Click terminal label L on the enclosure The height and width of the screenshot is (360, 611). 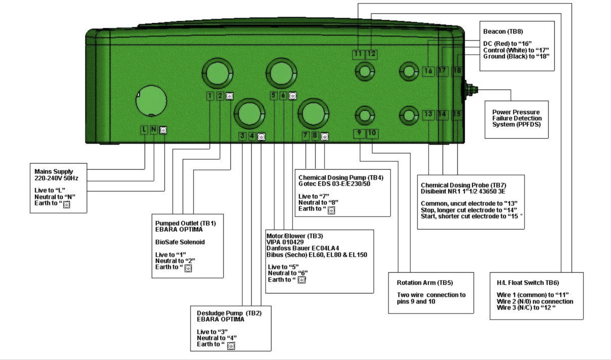click(x=144, y=130)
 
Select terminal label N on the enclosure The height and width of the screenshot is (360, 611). click(x=154, y=129)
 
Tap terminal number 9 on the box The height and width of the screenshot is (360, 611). click(x=359, y=133)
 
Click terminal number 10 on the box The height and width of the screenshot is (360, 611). click(x=372, y=133)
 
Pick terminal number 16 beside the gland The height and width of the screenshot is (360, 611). click(x=428, y=71)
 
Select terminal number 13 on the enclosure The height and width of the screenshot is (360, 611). click(x=428, y=115)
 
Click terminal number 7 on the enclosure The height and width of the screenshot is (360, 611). click(x=306, y=136)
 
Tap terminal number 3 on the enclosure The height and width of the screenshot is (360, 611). click(x=242, y=136)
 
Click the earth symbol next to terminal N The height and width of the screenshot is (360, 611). click(x=163, y=130)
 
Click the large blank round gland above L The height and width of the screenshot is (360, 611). click(x=151, y=101)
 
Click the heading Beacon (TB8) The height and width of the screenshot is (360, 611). click(x=503, y=32)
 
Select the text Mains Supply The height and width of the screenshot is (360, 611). click(x=54, y=171)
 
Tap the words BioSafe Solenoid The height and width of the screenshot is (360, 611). click(x=180, y=242)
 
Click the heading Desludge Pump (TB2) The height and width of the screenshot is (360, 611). click(x=229, y=313)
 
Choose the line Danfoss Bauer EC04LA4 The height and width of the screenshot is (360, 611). click(x=303, y=248)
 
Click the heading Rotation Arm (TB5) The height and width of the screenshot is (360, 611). click(x=425, y=283)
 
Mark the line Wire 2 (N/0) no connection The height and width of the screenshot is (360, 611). click(x=535, y=301)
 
